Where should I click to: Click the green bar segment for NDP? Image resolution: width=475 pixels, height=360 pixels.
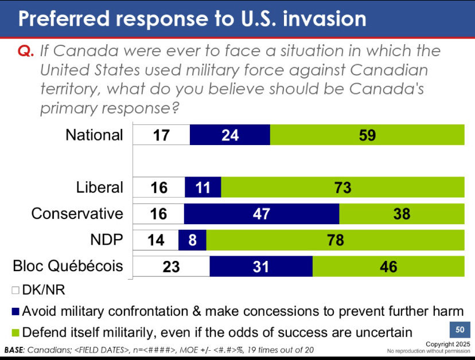pos(335,240)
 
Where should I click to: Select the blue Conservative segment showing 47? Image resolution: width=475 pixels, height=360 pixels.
pos(262,213)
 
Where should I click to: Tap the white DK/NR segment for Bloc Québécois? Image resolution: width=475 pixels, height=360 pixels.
pos(171,267)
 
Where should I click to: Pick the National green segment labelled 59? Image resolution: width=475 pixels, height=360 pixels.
pos(367,135)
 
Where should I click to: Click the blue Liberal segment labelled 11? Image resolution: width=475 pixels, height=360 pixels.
pos(203,187)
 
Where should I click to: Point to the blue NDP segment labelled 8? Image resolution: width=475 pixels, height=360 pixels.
pos(192,240)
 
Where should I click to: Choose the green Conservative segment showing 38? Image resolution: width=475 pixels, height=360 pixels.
pos(402,213)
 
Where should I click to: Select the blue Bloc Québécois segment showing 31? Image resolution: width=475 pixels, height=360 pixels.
pos(261,267)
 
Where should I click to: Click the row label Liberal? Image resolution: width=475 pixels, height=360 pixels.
pos(100,187)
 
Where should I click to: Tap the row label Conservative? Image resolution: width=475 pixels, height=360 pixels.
pos(77,213)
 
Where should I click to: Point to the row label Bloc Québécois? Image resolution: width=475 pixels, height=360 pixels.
pos(68,267)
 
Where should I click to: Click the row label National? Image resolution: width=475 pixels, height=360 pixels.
pos(94,135)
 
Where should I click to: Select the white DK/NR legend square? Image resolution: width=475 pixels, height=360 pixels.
pos(15,291)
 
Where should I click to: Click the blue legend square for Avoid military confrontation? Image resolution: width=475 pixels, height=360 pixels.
pos(15,312)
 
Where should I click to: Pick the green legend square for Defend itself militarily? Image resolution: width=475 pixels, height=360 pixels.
pos(15,331)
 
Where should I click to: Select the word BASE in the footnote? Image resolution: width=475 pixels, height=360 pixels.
pos(16,349)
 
